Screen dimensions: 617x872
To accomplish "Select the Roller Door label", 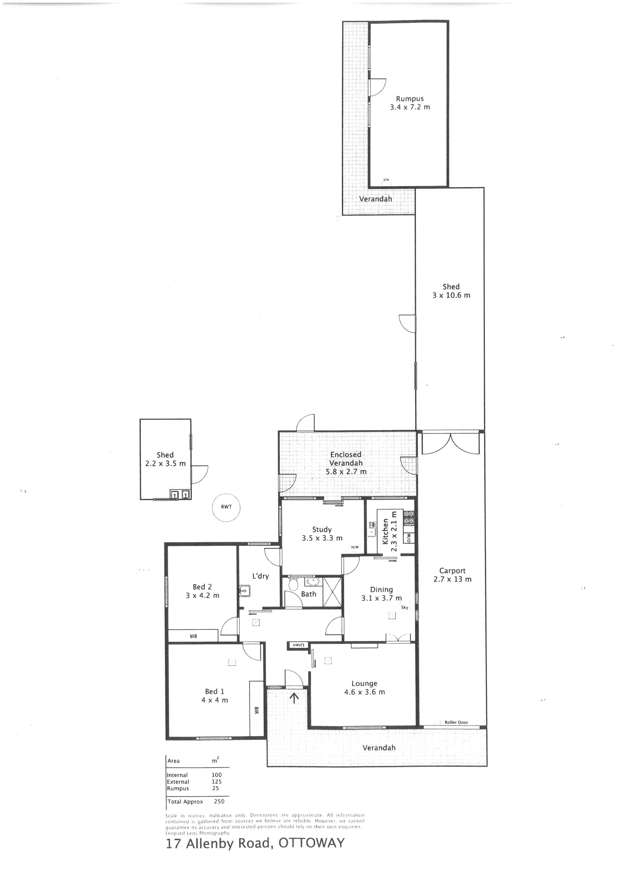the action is coord(456,722).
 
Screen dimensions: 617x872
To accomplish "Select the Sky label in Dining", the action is coord(405,608).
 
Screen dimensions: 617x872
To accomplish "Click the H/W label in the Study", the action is coord(355,547).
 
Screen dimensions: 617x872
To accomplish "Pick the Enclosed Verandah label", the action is coord(346,459).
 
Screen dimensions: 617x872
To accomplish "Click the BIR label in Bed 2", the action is coord(193,636).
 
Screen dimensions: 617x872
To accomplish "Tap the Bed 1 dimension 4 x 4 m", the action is coord(215,700).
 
